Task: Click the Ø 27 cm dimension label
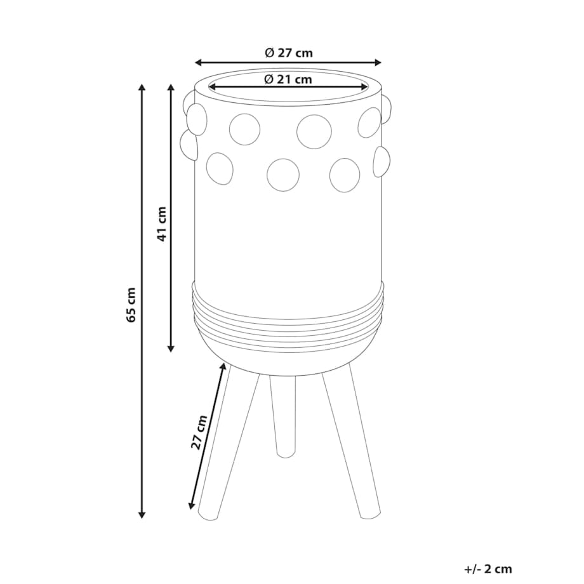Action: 289,53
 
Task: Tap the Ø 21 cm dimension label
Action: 288,79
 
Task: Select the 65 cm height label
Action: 131,305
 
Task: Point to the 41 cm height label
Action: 162,224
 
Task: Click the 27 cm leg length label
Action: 199,432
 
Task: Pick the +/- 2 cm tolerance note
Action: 488,569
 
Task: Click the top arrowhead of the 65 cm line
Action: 142,88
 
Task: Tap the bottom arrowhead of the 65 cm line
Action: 142,514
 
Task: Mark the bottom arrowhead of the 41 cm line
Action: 171,348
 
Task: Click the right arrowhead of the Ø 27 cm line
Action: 378,62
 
